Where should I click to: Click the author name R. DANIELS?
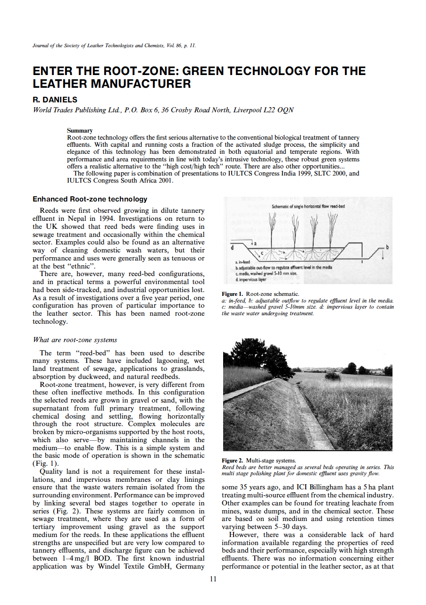(55, 100)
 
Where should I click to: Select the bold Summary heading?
(80, 131)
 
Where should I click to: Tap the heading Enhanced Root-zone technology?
(90, 199)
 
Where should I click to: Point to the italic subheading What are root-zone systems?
(75, 340)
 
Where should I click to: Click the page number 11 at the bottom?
(213, 579)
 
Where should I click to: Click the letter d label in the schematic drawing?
(232, 247)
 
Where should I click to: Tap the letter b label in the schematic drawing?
(388, 247)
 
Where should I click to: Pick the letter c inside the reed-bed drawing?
(262, 254)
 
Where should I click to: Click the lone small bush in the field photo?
(333, 376)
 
